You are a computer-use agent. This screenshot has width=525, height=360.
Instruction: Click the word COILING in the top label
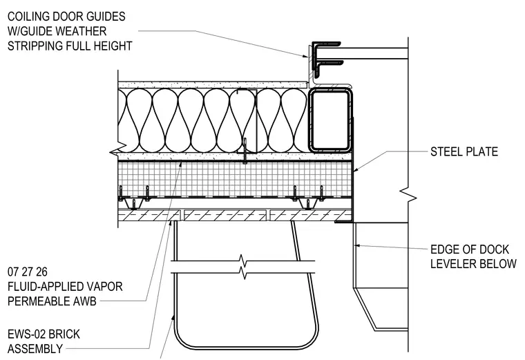(x=29, y=17)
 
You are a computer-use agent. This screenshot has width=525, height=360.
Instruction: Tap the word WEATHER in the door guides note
(x=81, y=31)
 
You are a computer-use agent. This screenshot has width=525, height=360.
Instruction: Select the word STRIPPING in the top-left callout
(x=35, y=46)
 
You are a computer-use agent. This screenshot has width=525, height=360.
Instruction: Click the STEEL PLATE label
(x=464, y=152)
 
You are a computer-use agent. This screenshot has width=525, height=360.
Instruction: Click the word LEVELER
(x=452, y=264)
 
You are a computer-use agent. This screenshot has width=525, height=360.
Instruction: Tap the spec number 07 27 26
(x=28, y=272)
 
